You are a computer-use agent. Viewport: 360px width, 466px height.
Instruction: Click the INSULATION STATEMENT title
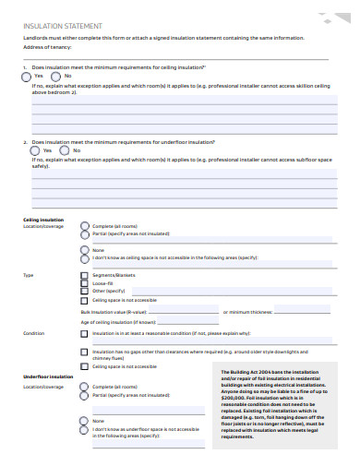click(62, 27)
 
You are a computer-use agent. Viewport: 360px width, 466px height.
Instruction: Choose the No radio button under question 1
click(55, 77)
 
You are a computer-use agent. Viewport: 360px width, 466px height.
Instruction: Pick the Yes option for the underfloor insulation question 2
click(35, 150)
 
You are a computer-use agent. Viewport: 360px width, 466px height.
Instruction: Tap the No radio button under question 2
click(65, 150)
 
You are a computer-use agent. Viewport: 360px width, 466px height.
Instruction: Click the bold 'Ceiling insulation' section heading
click(43, 220)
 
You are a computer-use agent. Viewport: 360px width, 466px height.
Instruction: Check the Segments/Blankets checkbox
click(86, 276)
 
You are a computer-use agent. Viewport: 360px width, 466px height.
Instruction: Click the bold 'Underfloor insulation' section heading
click(46, 377)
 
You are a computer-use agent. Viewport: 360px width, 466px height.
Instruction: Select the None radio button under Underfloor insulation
click(85, 421)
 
